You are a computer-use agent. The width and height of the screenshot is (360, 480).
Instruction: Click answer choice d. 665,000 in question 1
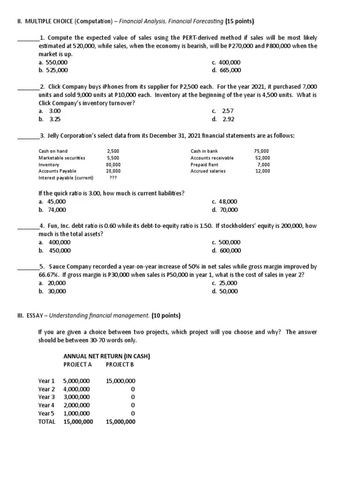[x=226, y=70]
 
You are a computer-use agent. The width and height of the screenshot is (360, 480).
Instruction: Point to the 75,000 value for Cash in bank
[x=262, y=151]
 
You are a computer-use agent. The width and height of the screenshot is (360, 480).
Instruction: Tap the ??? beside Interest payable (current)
[x=113, y=178]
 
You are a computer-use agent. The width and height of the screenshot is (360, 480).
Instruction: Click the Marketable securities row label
[x=61, y=158]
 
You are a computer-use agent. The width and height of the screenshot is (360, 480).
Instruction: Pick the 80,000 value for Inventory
[x=113, y=165]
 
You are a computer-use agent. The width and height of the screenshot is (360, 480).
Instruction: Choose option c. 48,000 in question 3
[x=225, y=202]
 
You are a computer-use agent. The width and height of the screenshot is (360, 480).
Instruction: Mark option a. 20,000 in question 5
[x=52, y=283]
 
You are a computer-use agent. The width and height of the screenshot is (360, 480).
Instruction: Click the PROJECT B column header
[x=120, y=364]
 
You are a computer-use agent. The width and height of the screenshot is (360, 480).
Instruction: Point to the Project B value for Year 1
[x=120, y=381]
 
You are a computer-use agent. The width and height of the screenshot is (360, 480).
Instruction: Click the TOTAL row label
[x=46, y=421]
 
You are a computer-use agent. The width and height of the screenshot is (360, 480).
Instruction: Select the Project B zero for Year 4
[x=133, y=405]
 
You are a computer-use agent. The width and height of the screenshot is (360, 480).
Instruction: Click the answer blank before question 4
[x=27, y=228]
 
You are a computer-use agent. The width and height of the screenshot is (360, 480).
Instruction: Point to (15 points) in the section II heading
[x=240, y=21]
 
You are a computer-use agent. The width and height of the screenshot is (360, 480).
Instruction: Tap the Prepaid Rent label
[x=204, y=165]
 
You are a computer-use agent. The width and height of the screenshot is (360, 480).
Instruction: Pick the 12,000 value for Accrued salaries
[x=262, y=171]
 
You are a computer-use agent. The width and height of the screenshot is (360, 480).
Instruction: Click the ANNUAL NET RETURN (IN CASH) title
[x=106, y=356]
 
